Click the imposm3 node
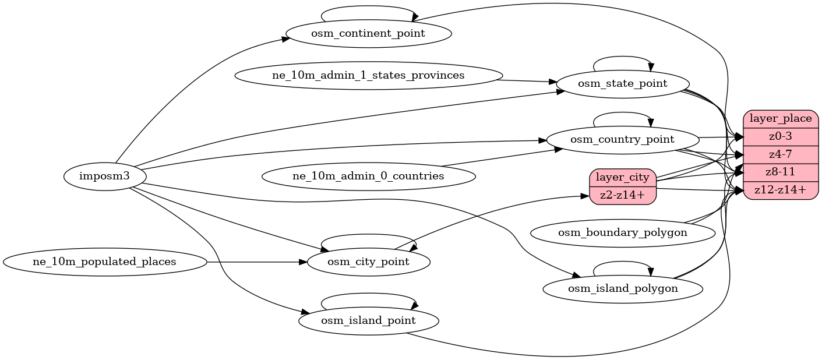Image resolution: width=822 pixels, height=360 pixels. [105, 176]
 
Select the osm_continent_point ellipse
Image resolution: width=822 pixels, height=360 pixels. [368, 33]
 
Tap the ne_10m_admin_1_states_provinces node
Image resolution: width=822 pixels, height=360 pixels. [368, 76]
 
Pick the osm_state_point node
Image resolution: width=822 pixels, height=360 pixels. [622, 84]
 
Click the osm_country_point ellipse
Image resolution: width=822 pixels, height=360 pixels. [622, 140]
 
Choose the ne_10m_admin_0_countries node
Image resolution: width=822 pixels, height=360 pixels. [368, 176]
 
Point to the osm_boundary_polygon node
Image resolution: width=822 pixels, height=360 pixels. [622, 233]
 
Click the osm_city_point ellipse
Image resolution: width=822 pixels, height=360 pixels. [368, 262]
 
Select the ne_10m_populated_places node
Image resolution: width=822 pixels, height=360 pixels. [105, 262]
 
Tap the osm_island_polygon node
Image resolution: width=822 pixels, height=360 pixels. [622, 289]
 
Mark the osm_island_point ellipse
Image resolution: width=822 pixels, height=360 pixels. [368, 321]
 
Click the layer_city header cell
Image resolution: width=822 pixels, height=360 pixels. [623, 177]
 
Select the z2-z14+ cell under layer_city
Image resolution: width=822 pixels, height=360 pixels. [623, 195]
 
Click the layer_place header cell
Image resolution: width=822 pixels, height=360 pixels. [781, 119]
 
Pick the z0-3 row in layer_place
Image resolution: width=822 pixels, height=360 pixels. [781, 137]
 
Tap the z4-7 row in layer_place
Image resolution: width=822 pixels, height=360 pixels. [781, 154]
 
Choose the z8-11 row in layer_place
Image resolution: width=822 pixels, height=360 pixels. [781, 172]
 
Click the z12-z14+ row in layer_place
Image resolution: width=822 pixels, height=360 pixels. [781, 190]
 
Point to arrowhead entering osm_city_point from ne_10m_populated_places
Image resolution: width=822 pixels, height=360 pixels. [303, 262]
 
